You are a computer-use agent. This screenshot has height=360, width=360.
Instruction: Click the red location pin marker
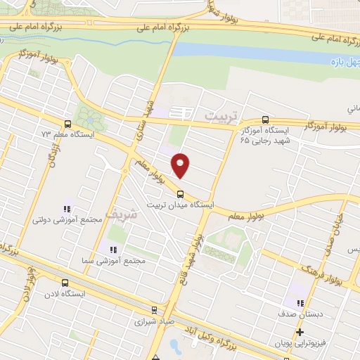click(181, 165)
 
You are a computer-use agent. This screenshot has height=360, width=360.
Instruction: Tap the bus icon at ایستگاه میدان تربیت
click(180, 194)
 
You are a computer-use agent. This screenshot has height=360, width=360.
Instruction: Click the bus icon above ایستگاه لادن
click(65, 283)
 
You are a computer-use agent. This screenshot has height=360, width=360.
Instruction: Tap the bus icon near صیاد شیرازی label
click(154, 309)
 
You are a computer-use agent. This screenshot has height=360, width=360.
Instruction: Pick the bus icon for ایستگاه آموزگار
click(264, 120)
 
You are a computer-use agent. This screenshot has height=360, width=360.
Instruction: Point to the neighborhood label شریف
click(117, 212)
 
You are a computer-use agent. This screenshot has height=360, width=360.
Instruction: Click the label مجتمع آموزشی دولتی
click(67, 219)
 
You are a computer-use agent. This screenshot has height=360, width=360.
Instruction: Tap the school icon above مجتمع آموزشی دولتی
click(67, 209)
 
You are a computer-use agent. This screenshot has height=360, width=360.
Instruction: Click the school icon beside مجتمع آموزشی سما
click(113, 249)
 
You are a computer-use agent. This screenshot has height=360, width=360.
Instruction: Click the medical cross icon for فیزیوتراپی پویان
click(300, 332)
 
